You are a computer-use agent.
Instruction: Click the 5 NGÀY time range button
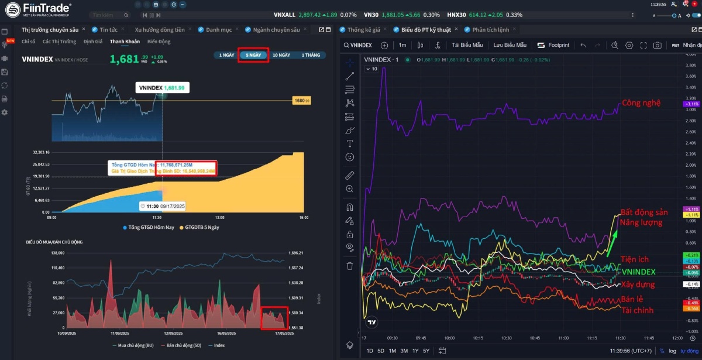[253, 55]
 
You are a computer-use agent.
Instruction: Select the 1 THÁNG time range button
[311, 55]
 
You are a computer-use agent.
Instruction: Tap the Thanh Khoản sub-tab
[125, 42]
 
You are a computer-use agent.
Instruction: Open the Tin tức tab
[108, 29]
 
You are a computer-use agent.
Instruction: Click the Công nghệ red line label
[641, 103]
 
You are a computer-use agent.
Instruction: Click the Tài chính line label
[637, 310]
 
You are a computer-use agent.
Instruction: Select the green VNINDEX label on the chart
[638, 272]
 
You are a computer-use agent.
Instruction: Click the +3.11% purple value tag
[691, 104]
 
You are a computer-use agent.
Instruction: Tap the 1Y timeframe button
[415, 351]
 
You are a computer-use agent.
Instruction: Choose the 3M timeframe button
[404, 351]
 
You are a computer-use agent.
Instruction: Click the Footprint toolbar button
[553, 45]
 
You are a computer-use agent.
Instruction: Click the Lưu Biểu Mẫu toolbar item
[510, 45]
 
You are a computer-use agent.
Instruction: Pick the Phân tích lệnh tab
[490, 29]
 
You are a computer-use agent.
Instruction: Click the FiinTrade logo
[37, 9]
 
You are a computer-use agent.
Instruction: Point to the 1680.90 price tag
[301, 101]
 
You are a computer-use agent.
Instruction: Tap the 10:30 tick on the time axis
[506, 338]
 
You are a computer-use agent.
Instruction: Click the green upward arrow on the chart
[612, 241]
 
